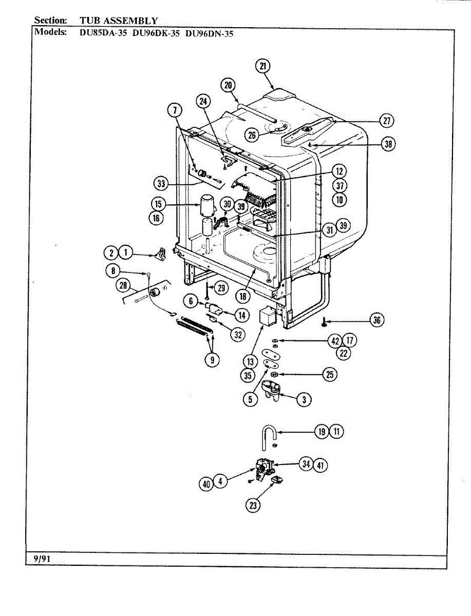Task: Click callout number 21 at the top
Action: [x=263, y=66]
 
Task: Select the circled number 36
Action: [x=378, y=321]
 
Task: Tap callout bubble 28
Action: [x=123, y=285]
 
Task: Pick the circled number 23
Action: [x=253, y=505]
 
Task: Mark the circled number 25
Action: [x=329, y=375]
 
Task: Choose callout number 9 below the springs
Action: [x=211, y=360]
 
